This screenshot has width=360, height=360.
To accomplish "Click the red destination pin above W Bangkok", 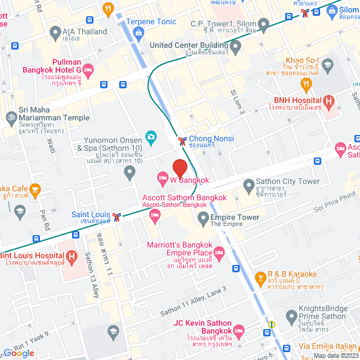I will pos(179,168).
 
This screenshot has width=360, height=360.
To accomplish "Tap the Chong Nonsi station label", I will pos(211,139).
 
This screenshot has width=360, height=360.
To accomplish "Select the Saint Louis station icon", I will pos(116,217).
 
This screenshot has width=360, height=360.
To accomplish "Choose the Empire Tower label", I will pos(235,218).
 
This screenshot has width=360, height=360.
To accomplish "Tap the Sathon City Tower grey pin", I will pos(249,184).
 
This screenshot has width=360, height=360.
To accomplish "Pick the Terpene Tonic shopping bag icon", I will pos(138,32).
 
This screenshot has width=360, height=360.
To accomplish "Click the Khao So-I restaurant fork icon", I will pos(306,85).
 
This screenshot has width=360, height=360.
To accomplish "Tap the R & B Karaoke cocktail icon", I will pos(261,277).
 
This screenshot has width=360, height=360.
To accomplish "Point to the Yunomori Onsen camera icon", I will pos(151,136).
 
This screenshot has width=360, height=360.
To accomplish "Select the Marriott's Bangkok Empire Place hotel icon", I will pos(218,251).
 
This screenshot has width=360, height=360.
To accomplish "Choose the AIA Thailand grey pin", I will pos(55,32).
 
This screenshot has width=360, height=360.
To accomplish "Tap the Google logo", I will pos(19,353).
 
